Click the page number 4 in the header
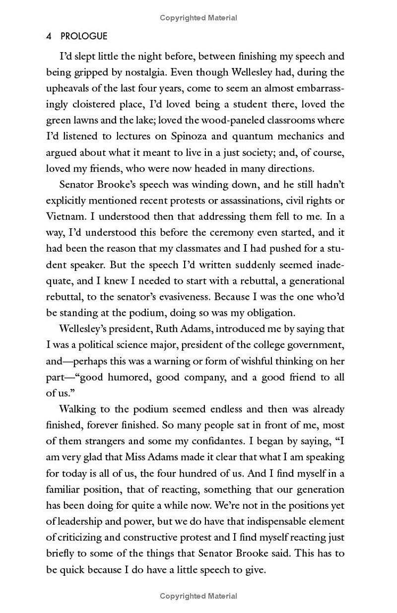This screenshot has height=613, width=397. pos(49,37)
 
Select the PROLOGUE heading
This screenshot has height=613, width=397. pos(83,37)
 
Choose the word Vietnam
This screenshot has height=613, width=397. pos(64,216)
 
